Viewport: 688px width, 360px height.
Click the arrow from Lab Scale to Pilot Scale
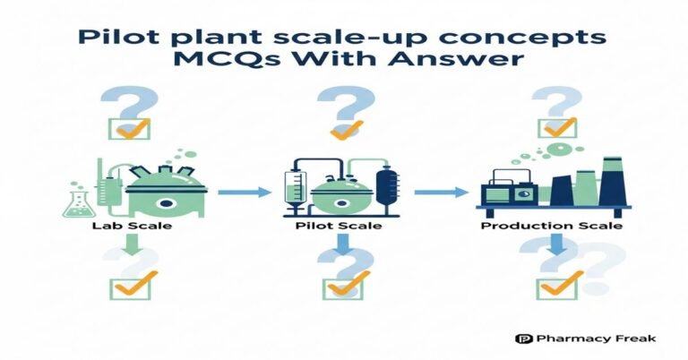(244, 191)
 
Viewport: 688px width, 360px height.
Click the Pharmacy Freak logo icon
(524, 339)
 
